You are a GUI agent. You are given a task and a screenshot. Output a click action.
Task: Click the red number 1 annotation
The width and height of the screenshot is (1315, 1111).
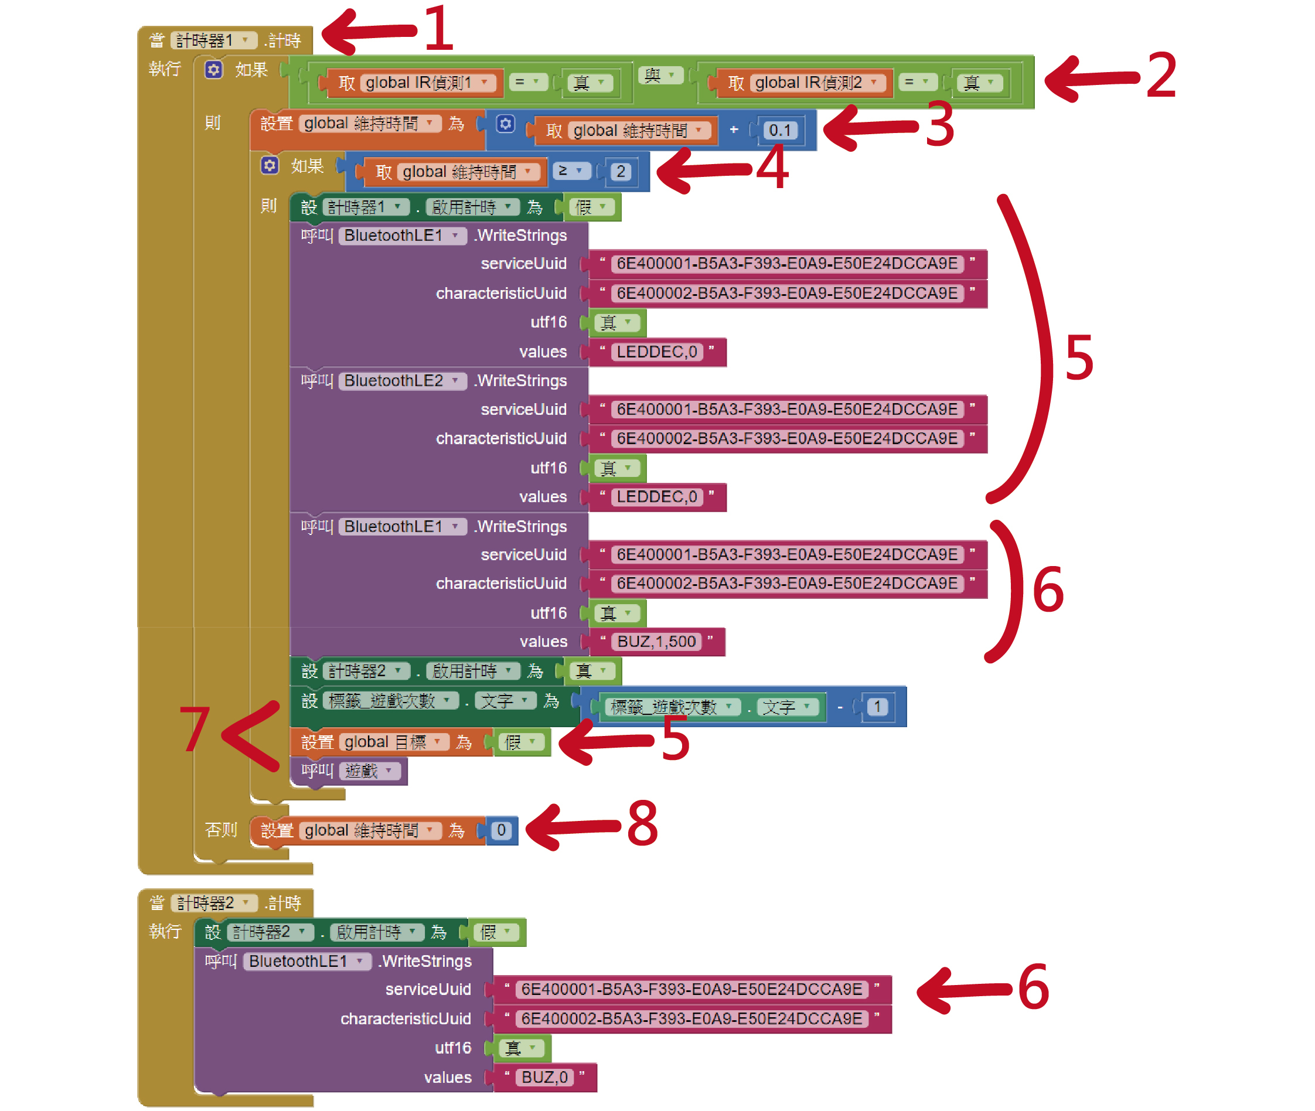[x=438, y=28]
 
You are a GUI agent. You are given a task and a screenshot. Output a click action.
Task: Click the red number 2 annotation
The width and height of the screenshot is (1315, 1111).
[x=1161, y=76]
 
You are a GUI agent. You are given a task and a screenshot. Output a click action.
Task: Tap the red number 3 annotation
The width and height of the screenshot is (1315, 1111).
[x=939, y=125]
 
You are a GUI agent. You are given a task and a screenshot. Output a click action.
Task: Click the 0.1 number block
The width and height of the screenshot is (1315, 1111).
[x=779, y=130]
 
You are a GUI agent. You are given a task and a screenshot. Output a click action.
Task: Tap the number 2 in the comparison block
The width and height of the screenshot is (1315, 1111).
[x=621, y=171]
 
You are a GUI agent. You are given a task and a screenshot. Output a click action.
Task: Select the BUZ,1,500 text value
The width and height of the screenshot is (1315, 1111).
[x=656, y=642]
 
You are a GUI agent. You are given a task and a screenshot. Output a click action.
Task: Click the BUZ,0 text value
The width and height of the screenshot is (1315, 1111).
[x=545, y=1078]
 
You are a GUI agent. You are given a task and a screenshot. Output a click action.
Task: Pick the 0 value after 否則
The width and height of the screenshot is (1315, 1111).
[x=501, y=830]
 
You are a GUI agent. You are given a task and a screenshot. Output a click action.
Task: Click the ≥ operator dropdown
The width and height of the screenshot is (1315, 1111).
[x=571, y=171]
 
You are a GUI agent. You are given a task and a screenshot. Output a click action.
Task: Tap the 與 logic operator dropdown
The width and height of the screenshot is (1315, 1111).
[x=659, y=76]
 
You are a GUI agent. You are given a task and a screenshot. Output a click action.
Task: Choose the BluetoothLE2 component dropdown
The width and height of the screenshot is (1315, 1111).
[x=402, y=381]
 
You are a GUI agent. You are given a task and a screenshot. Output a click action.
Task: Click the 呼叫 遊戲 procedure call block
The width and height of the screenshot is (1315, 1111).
[x=348, y=771]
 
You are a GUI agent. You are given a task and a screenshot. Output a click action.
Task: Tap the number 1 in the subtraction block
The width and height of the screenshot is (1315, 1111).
[x=877, y=707]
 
